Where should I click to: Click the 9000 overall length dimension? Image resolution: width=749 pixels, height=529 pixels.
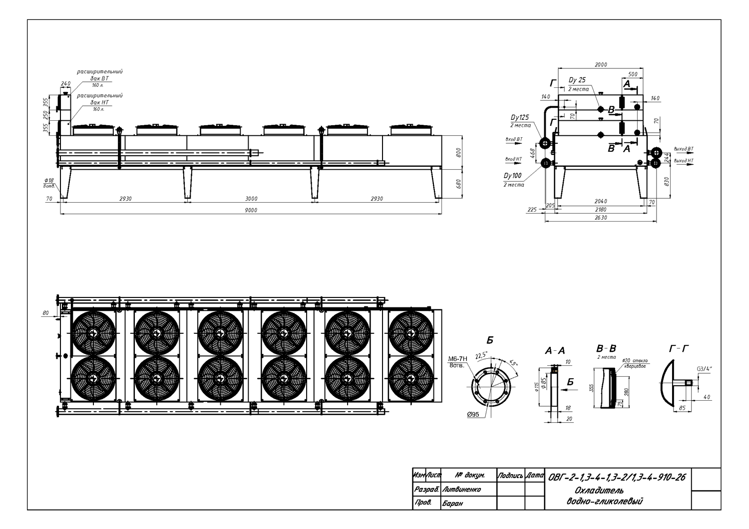coord(251,211)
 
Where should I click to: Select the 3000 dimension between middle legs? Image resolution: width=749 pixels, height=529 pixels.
coord(251,199)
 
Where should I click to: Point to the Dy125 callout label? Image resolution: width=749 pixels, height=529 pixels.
coord(519,118)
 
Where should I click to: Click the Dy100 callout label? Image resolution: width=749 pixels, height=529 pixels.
coord(513,176)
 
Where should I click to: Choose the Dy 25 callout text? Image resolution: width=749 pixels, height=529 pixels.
coord(577,80)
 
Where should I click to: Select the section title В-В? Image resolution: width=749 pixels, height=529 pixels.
coord(606,347)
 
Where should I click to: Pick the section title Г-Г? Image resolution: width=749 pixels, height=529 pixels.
coord(677,348)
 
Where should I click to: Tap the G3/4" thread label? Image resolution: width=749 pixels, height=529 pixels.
coord(705,370)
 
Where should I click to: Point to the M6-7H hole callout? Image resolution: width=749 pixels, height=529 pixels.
coord(457,358)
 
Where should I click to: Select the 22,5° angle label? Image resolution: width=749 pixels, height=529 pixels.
coord(482,356)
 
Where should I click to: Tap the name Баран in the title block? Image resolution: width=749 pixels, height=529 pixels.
coord(453,504)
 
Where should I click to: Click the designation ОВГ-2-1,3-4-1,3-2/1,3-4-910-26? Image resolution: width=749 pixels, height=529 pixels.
coord(616,477)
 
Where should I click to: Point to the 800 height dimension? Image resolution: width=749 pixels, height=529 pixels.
coord(458,153)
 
